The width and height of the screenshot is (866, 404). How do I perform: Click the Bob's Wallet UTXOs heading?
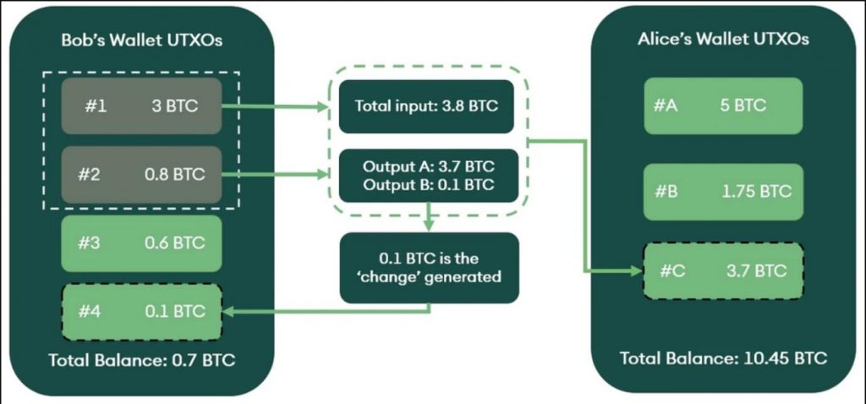(x=141, y=41)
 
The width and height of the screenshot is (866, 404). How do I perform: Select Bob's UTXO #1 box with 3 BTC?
(x=141, y=106)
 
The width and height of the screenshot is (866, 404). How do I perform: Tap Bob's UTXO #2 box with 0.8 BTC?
(x=141, y=175)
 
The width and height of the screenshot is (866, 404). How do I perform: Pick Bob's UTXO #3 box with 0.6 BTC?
(x=141, y=243)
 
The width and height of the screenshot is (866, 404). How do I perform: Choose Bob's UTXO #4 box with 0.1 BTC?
(x=141, y=310)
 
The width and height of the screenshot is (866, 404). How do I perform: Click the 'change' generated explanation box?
(x=426, y=267)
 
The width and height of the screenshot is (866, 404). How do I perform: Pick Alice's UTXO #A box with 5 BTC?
(x=722, y=106)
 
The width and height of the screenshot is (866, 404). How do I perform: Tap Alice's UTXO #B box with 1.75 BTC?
(x=722, y=191)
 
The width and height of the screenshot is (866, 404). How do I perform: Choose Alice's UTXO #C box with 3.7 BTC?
(x=722, y=271)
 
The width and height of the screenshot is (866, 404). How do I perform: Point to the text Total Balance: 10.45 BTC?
(x=722, y=358)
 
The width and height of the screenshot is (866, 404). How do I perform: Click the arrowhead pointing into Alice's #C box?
(x=636, y=271)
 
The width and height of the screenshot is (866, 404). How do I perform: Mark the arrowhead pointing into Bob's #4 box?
(x=228, y=311)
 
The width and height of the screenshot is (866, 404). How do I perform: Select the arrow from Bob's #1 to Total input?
(x=275, y=106)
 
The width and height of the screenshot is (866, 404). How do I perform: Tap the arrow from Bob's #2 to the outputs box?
(x=275, y=175)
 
